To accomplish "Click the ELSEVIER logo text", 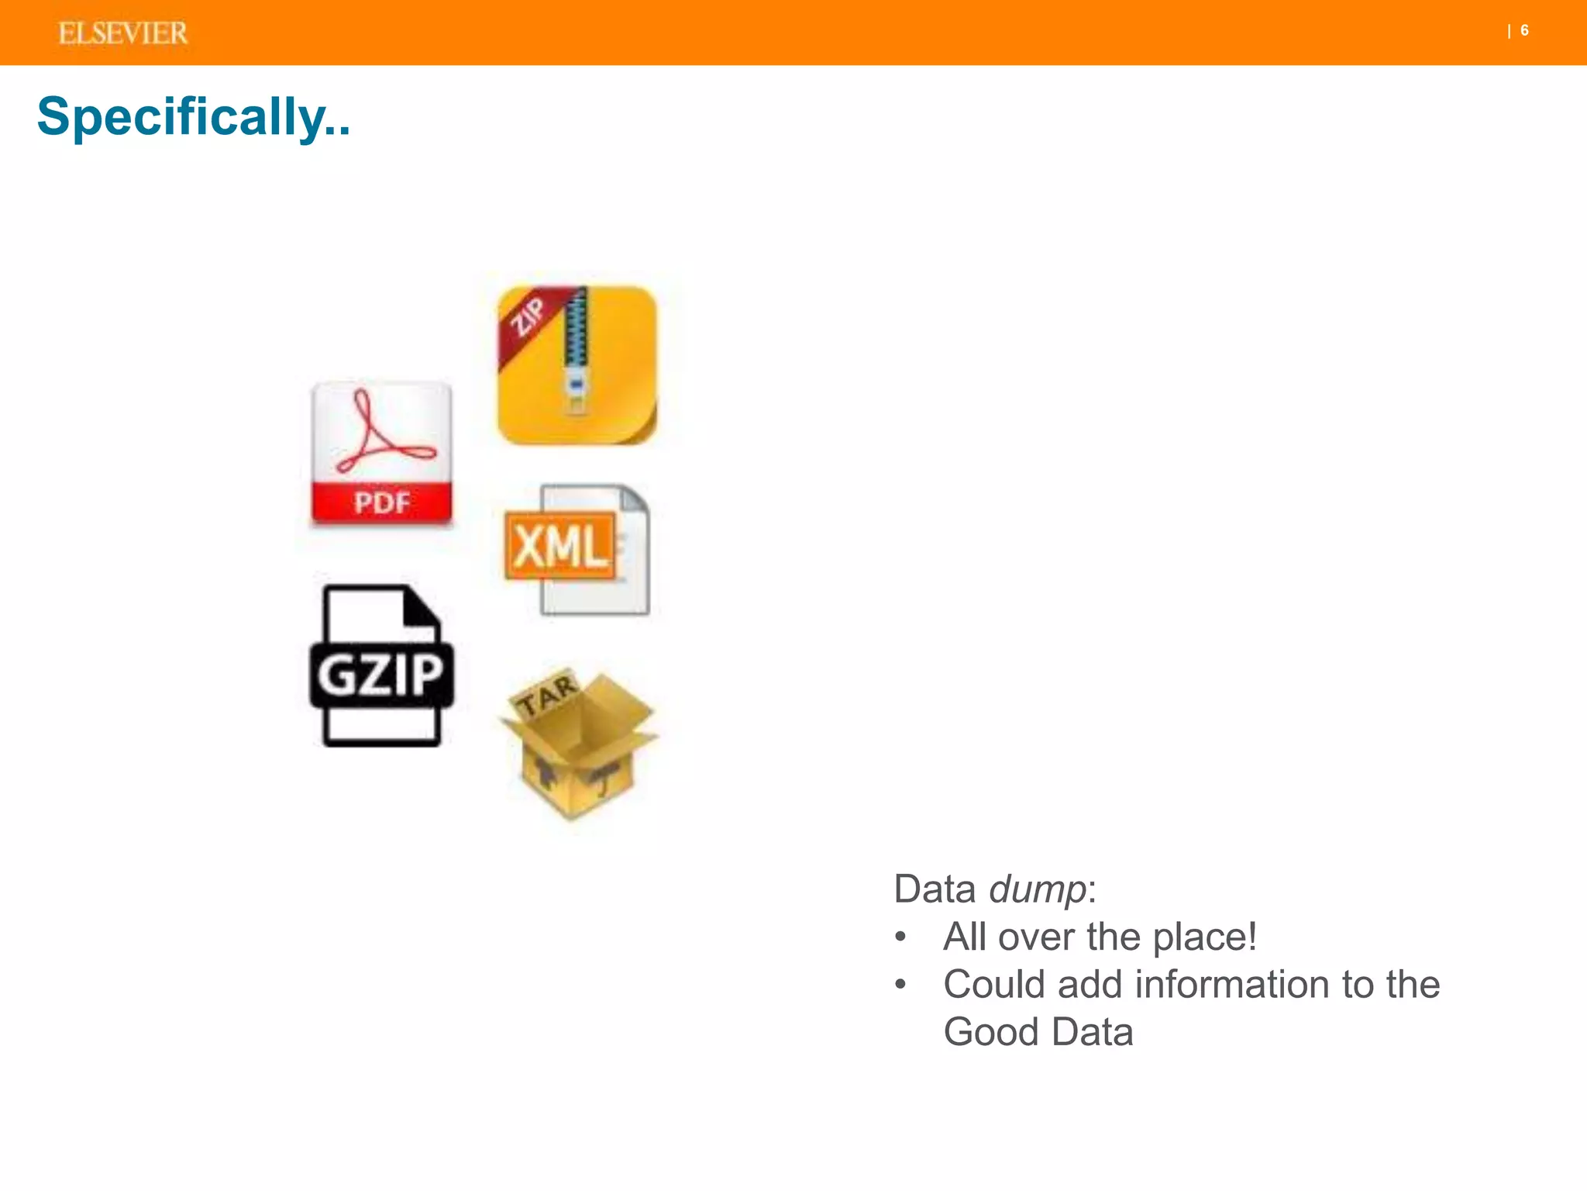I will tap(123, 33).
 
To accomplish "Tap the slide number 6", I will tap(1524, 30).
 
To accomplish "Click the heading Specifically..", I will tap(194, 116).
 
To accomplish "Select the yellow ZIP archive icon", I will tap(577, 365).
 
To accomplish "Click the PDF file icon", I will tap(381, 454).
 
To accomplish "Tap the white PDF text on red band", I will tap(381, 503).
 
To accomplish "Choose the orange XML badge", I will tap(560, 546).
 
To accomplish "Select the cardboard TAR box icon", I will tap(577, 744).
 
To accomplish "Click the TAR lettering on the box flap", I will tap(547, 694).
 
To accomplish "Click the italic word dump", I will tap(1037, 889).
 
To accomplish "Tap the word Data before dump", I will tap(934, 889).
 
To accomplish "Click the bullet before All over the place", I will tap(900, 937).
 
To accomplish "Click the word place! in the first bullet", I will tap(1204, 937).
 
